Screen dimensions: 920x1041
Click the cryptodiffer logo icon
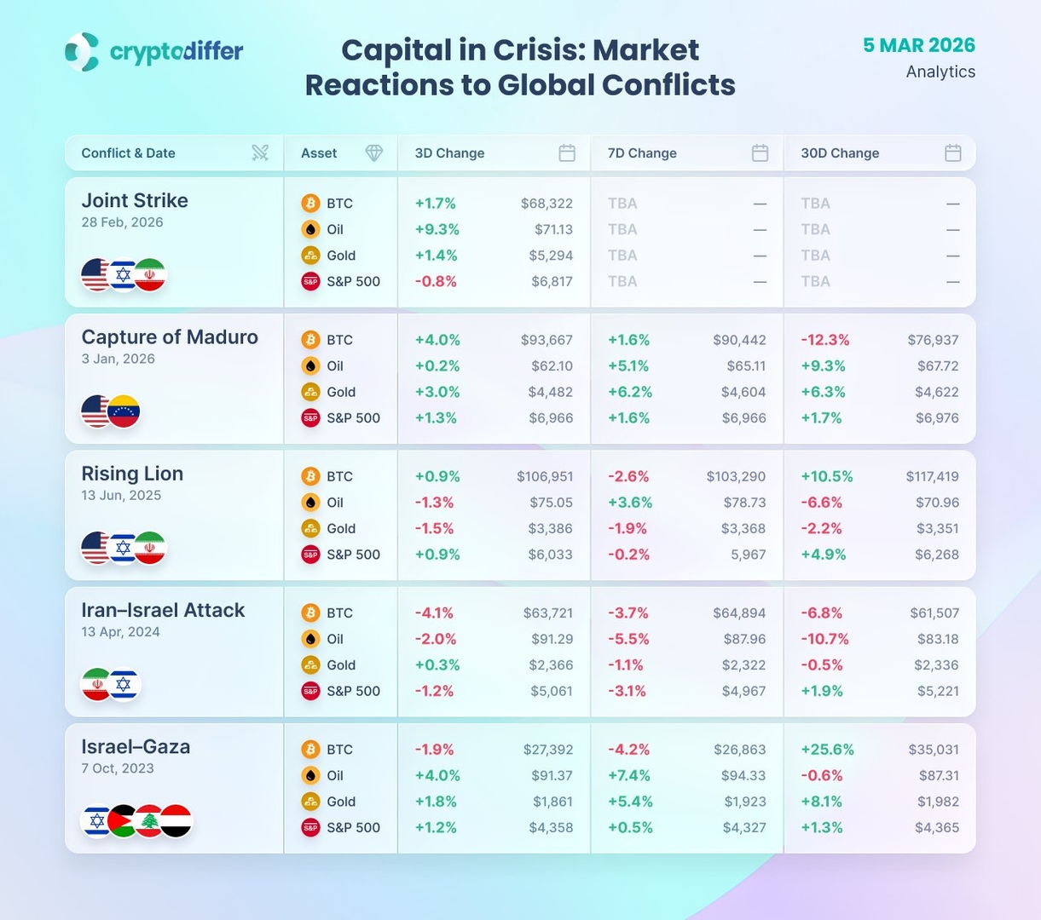coord(82,52)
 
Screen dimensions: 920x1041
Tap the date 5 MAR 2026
coord(918,45)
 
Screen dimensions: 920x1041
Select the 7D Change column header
coord(642,153)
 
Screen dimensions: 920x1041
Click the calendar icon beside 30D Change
coord(953,153)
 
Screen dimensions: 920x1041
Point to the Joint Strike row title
coord(135,201)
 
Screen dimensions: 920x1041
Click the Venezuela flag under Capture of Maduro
coord(124,412)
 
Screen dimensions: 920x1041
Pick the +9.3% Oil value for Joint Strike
coord(437,229)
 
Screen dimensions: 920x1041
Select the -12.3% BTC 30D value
coord(824,340)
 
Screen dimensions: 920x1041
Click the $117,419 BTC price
coord(932,476)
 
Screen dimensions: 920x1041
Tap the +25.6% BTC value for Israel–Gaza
coord(827,750)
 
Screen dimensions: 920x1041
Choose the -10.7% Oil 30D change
coord(824,639)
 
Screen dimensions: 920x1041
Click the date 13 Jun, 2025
coord(121,496)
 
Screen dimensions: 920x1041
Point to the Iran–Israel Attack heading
coord(163,611)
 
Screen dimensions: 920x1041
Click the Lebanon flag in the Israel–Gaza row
coord(150,821)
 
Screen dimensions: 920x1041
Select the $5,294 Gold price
coord(550,256)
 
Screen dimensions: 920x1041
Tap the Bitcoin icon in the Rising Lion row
coord(310,476)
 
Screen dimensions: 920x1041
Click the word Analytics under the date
coord(940,72)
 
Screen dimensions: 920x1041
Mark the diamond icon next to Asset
coord(373,153)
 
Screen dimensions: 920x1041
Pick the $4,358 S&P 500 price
coord(550,827)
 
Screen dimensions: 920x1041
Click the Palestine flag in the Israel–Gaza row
coord(124,821)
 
